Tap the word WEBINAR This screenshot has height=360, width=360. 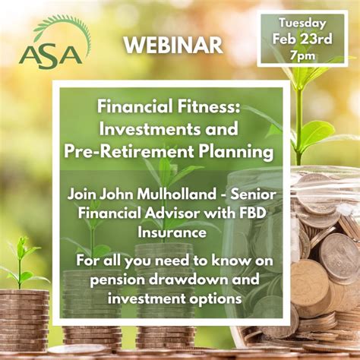click(173, 45)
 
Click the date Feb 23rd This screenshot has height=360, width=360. click(302, 38)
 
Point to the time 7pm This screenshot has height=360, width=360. click(302, 55)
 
